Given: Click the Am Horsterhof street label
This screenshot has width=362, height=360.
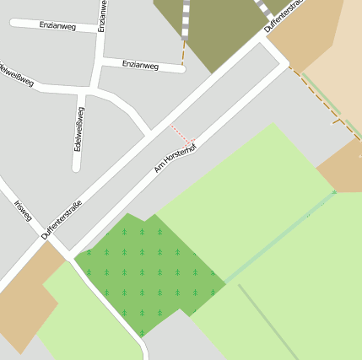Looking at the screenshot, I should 175,158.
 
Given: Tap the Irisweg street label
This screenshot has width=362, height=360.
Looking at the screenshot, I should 23,211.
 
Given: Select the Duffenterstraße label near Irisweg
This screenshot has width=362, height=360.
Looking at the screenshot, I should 62,219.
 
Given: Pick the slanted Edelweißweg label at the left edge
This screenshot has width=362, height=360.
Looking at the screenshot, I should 17,74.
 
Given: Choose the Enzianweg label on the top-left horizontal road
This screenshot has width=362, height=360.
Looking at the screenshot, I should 57,25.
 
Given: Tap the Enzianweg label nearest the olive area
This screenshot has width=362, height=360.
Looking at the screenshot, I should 139,64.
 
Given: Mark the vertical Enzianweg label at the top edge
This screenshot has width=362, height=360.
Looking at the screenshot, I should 101,15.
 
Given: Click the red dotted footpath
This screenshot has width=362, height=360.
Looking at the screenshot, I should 182,134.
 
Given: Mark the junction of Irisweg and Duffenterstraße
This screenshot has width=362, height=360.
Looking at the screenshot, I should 47,239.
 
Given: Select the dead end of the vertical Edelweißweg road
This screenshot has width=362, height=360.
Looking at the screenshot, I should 77,166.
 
